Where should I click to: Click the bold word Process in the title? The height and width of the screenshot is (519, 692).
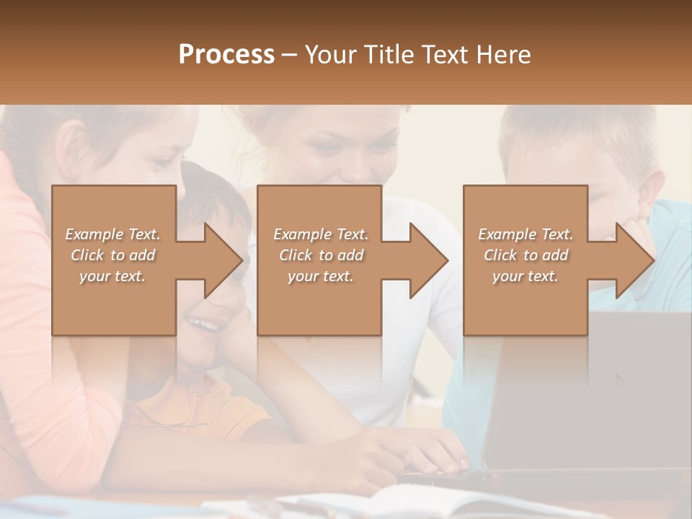tap(226, 54)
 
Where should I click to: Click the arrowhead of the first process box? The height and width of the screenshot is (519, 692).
tap(224, 260)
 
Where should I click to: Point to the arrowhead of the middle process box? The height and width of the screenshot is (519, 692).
tap(430, 260)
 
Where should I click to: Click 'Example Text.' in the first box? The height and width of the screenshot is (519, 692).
tap(112, 234)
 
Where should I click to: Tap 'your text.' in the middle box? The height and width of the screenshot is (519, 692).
tap(320, 276)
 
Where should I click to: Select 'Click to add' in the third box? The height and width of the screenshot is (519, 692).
tap(525, 255)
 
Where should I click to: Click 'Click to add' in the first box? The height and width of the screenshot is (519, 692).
tap(112, 255)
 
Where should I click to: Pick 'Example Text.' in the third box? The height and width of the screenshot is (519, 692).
tap(525, 234)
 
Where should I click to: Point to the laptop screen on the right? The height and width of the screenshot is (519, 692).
tap(591, 389)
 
